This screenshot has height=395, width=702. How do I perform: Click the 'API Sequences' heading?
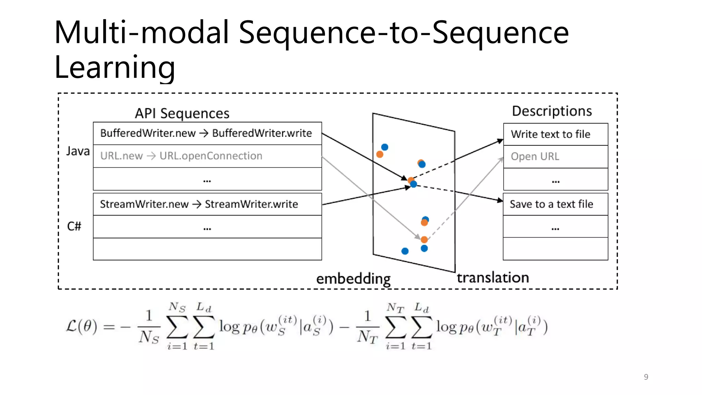click(x=182, y=113)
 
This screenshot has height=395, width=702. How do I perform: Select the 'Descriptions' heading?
click(x=552, y=111)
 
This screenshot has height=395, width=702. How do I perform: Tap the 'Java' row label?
click(x=78, y=151)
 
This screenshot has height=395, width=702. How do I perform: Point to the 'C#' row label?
click(x=74, y=226)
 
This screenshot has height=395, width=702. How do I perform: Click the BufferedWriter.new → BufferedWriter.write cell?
click(x=207, y=133)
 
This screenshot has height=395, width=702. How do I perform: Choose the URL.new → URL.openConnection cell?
click(x=207, y=156)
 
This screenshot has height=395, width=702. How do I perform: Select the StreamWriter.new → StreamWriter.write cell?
click(x=207, y=204)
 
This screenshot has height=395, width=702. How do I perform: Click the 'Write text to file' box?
click(x=555, y=134)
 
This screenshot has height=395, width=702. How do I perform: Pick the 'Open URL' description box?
click(x=555, y=157)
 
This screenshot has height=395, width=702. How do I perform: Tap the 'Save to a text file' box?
click(x=555, y=204)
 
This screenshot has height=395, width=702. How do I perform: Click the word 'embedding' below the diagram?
click(x=353, y=279)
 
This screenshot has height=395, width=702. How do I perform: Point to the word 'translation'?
click(x=493, y=277)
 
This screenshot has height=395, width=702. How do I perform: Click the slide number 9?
click(x=646, y=377)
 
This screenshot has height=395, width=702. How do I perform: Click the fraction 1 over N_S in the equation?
click(x=149, y=326)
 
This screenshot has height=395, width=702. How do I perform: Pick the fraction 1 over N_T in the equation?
click(x=367, y=326)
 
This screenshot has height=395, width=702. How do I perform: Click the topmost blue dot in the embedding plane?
click(x=385, y=147)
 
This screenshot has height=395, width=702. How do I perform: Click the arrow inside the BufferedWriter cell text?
click(x=204, y=133)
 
